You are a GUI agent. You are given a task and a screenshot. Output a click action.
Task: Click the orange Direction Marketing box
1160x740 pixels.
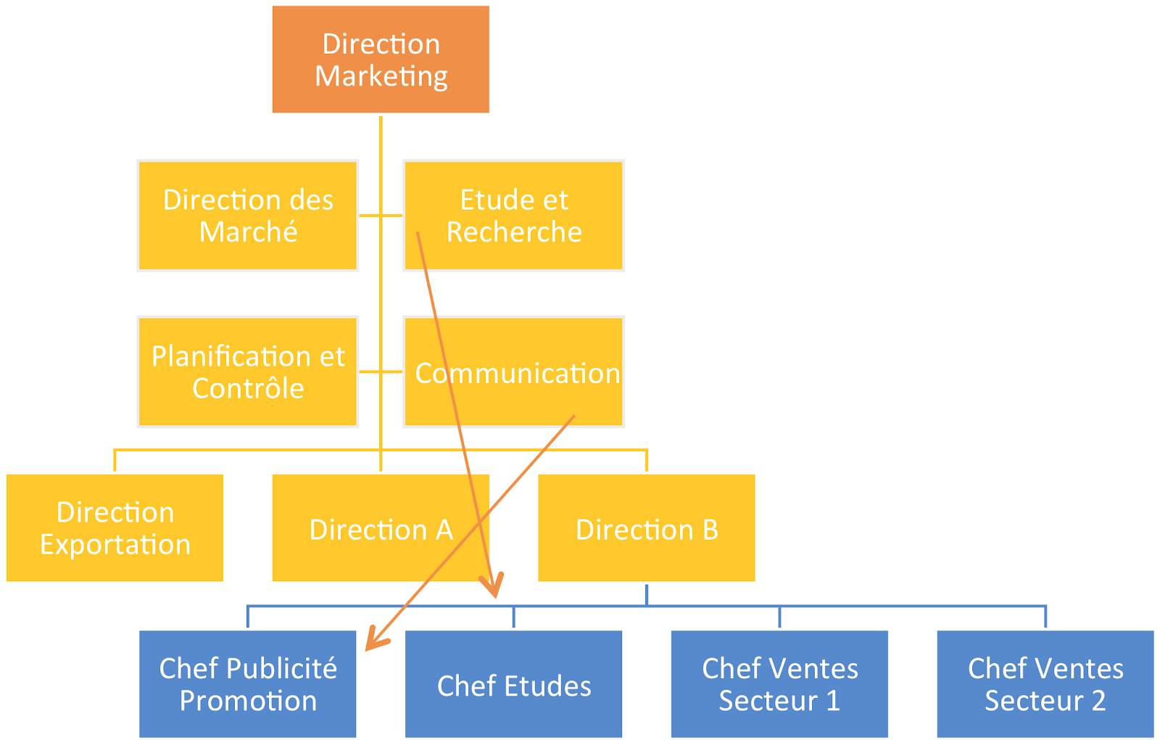[381, 59]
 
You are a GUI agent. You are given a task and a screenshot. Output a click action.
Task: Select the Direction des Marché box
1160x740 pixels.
[247, 215]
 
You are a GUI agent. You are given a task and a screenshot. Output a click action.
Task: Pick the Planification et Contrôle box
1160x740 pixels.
[247, 371]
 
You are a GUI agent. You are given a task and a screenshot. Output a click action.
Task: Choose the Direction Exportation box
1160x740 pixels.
[115, 527]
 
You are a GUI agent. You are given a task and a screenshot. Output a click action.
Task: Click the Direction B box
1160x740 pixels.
[646, 527]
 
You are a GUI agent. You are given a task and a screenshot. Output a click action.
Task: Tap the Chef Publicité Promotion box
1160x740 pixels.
[247, 683]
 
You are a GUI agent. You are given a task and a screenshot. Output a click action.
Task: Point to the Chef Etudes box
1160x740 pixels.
[513, 685]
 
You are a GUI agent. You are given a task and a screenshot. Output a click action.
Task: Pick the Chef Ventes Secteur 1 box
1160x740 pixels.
[779, 683]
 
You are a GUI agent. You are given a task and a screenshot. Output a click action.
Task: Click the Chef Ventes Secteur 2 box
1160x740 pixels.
[1045, 683]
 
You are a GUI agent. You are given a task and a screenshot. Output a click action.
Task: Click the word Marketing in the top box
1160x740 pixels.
[381, 76]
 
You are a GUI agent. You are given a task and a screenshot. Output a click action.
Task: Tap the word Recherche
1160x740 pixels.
[514, 232]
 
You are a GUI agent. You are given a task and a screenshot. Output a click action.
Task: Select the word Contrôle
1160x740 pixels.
[248, 389]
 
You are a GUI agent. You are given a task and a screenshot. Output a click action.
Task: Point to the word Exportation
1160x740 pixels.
[115, 545]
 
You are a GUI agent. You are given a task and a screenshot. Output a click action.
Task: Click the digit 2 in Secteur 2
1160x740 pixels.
[1098, 701]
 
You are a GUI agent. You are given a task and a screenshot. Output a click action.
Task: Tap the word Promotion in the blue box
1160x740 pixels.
[248, 701]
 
